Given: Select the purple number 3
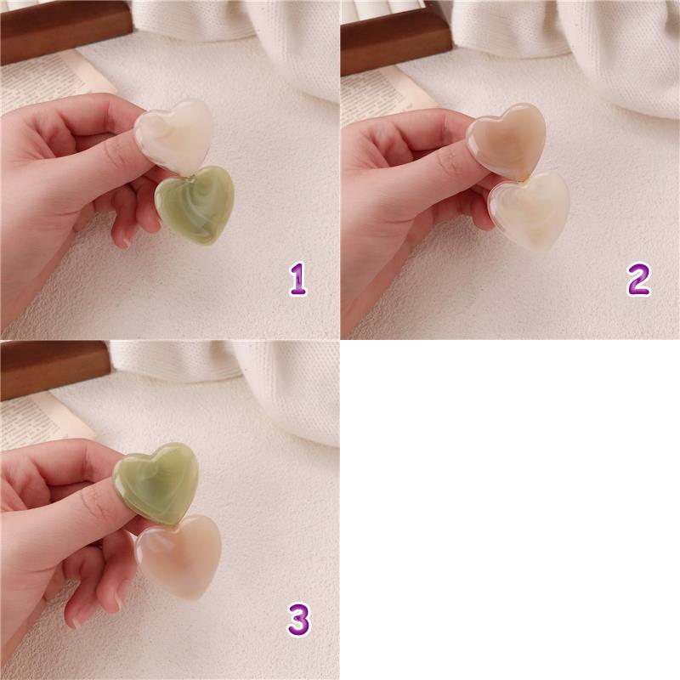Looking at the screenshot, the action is [x=299, y=620].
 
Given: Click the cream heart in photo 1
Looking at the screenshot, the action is [x=174, y=135].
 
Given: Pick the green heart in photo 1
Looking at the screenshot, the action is [x=195, y=205].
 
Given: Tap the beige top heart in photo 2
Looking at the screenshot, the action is [x=508, y=140].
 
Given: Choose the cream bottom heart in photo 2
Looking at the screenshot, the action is [x=529, y=211].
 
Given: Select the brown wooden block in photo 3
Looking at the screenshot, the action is [x=54, y=371].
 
